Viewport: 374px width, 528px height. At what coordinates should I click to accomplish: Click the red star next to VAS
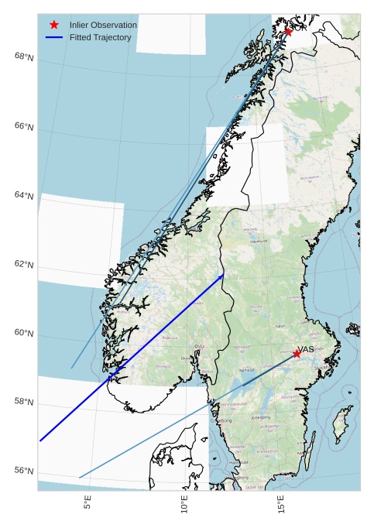[x=297, y=353]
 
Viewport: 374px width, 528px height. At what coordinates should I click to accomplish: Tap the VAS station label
[x=306, y=349]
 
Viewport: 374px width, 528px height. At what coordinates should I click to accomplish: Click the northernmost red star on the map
[x=288, y=32]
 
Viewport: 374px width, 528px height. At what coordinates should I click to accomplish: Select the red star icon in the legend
[x=54, y=25]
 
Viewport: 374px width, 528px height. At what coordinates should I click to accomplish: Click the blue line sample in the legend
[x=54, y=37]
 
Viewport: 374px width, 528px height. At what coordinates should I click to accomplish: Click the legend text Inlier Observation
[x=103, y=25]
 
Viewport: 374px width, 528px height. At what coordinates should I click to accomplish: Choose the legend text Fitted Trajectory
[x=100, y=37]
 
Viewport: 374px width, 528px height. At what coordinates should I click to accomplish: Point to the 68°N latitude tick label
[x=24, y=57]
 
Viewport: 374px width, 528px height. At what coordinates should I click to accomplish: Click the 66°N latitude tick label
[x=24, y=126]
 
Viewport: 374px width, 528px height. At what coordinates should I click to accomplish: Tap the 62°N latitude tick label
[x=24, y=265]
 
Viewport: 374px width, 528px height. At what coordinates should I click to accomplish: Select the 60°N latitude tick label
[x=24, y=333]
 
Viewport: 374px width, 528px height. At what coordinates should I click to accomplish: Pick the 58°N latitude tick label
[x=24, y=402]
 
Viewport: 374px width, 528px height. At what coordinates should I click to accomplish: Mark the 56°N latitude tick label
[x=24, y=471]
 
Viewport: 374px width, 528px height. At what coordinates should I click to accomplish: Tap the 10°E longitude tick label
[x=184, y=504]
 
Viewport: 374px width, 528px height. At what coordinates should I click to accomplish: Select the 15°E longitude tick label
[x=280, y=504]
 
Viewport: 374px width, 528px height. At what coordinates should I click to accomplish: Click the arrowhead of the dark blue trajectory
[x=221, y=276]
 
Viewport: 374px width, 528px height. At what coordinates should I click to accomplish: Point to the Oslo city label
[x=199, y=346]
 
